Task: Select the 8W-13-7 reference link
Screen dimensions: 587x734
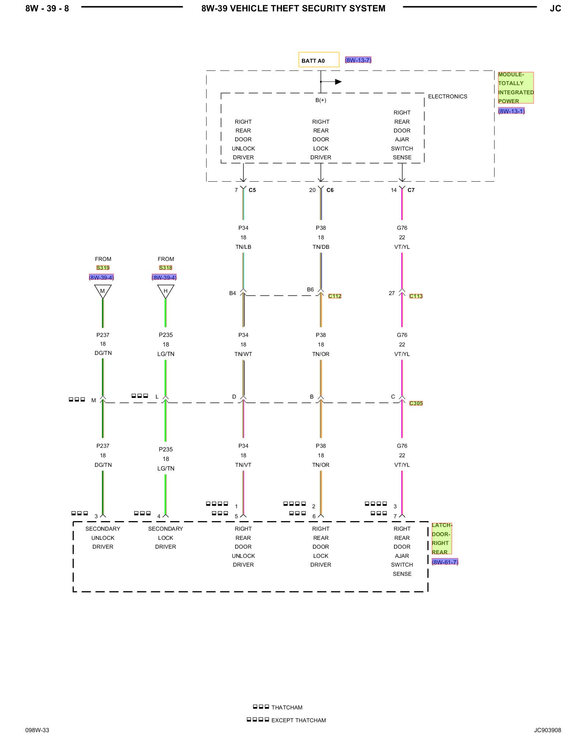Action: coord(358,60)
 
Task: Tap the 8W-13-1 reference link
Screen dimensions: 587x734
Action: coord(511,111)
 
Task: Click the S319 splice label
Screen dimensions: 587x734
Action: coord(103,268)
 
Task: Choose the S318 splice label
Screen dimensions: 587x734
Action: coord(165,268)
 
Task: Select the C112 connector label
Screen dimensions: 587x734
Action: coord(335,296)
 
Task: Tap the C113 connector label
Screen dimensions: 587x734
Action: coord(416,296)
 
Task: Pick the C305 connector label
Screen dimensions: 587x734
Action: coord(416,403)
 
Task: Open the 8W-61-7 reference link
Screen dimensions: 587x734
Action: coord(445,562)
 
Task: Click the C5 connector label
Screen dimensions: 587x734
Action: coord(252,190)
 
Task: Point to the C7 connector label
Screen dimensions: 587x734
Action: coord(411,190)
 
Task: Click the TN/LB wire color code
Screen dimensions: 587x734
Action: coord(243,247)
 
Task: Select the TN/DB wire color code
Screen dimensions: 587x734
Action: coord(321,247)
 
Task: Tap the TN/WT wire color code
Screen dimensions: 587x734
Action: coord(243,354)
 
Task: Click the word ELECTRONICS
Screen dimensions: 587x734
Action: coord(448,97)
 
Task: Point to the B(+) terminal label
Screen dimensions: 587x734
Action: coord(321,100)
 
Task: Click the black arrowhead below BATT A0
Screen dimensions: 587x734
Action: coord(338,82)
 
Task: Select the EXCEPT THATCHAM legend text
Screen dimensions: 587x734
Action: coord(299,720)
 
